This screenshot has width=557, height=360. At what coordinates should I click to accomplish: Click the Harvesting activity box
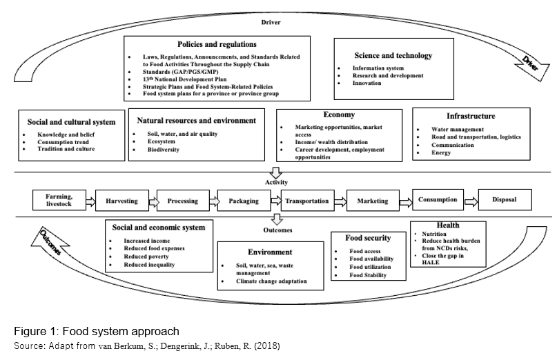(122, 201)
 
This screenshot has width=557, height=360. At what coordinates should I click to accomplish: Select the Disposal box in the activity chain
(505, 199)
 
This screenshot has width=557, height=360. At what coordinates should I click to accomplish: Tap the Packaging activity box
(244, 201)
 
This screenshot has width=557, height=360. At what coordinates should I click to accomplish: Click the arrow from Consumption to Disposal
(471, 202)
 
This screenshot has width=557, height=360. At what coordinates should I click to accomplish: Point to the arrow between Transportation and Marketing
(340, 202)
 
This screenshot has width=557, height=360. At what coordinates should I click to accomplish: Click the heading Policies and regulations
(217, 44)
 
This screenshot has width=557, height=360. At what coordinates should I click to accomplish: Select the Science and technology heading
(393, 55)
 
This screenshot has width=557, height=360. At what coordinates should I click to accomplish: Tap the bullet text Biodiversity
(164, 150)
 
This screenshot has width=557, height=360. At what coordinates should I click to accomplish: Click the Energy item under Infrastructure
(441, 152)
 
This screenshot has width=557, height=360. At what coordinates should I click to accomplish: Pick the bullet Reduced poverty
(146, 257)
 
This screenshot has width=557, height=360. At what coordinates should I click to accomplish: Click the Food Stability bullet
(368, 275)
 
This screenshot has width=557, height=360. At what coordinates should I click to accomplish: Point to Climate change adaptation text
(271, 281)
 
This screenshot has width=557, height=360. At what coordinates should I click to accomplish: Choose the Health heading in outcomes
(448, 225)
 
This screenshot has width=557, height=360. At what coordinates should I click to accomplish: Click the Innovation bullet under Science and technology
(367, 83)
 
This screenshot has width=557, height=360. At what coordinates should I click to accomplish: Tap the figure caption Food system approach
(121, 331)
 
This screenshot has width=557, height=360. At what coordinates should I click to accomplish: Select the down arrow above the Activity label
(275, 173)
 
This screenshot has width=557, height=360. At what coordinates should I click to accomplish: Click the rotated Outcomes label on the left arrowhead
(50, 243)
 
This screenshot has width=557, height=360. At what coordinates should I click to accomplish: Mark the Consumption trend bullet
(63, 142)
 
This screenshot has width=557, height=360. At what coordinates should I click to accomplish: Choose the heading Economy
(339, 114)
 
